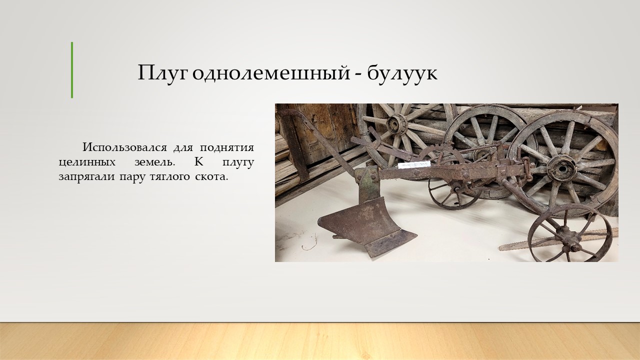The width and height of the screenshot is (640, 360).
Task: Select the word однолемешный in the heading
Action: [271, 73]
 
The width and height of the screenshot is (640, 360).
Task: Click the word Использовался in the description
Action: [124, 147]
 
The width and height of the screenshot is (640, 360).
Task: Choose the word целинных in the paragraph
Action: [87, 163]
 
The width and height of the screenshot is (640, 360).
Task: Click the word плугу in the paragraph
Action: [238, 163]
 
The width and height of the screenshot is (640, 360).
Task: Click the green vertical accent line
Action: [72, 70]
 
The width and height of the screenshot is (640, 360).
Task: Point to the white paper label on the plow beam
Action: [414, 164]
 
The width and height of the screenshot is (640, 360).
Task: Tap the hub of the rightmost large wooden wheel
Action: [561, 168]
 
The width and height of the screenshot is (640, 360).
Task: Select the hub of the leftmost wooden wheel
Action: [396, 124]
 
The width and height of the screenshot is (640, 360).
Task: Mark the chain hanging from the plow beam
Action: [527, 169]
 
